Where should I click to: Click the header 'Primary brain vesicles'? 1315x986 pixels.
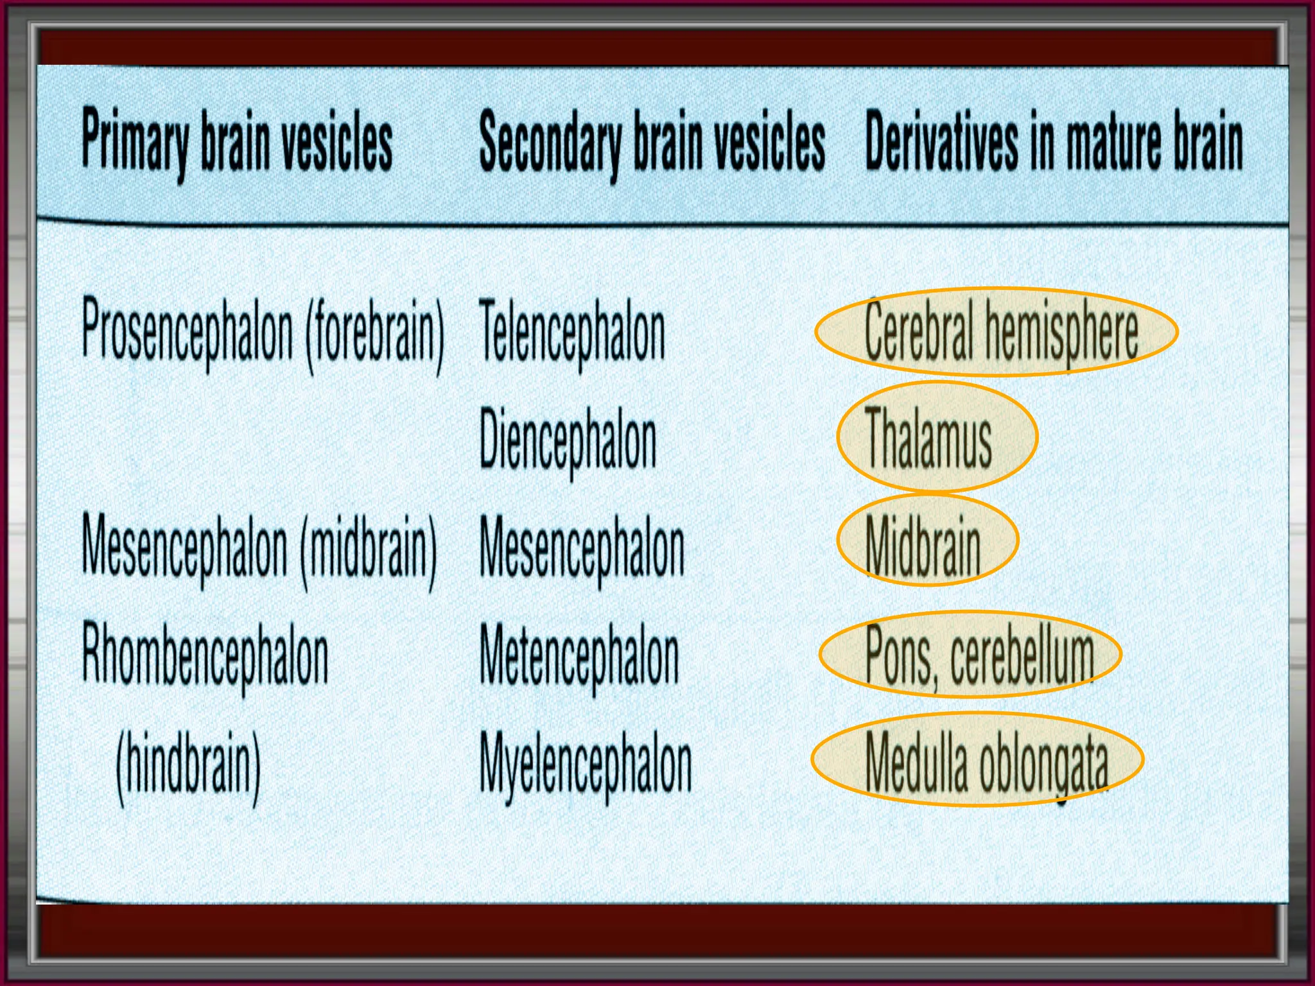237,141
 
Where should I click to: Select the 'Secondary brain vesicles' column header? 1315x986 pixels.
652,141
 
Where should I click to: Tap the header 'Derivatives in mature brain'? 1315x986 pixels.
1054,141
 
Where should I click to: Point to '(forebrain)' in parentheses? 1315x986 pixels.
375,334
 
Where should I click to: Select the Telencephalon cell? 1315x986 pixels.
572,334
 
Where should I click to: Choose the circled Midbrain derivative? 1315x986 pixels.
923,545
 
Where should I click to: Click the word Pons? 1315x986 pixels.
899,655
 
